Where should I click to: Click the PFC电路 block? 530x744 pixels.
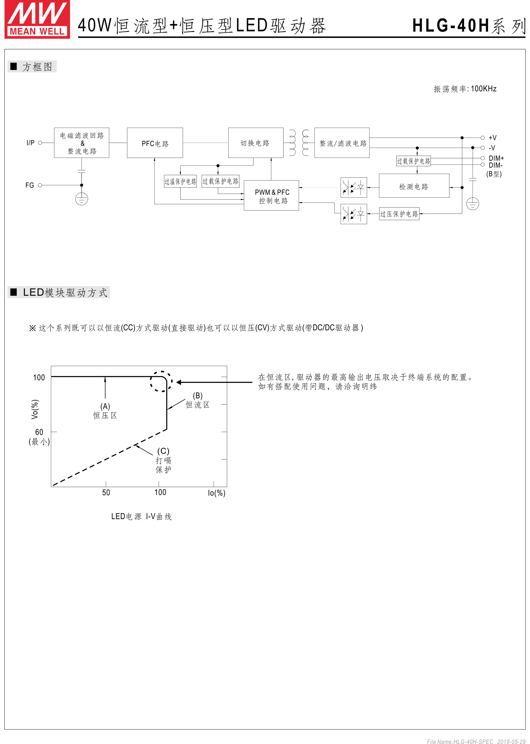click(155, 143)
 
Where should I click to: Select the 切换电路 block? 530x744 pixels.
click(255, 143)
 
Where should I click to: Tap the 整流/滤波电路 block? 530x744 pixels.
click(342, 143)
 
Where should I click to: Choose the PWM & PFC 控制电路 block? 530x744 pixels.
click(271, 195)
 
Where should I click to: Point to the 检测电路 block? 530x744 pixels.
click(414, 186)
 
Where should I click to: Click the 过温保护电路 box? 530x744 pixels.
click(180, 181)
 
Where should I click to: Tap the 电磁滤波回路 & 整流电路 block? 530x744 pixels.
click(82, 143)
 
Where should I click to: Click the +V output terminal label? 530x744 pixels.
click(492, 138)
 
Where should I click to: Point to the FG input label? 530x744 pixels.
click(30, 185)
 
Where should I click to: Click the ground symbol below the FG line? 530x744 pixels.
click(82, 199)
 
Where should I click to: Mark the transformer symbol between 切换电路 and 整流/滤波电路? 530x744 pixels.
click(299, 143)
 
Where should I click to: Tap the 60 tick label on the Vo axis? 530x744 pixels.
click(39, 432)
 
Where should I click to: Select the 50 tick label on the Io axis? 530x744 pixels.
click(106, 493)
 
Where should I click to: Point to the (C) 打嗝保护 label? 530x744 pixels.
click(163, 460)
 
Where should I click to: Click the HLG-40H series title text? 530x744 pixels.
click(468, 25)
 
